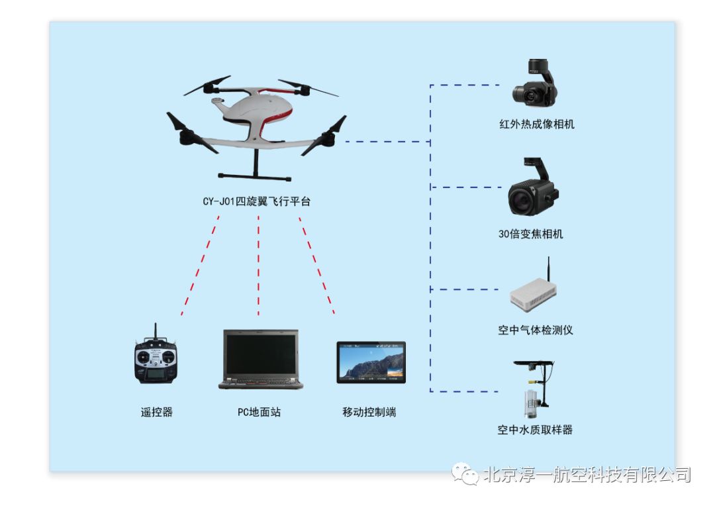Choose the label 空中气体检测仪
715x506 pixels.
tap(536, 330)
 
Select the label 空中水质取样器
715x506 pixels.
tap(535, 430)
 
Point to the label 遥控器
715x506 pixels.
tap(156, 412)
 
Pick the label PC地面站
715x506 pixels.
tap(260, 412)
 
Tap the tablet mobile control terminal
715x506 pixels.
tap(371, 362)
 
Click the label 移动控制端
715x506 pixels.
tap(369, 412)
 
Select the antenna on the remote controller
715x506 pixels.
tap(156, 331)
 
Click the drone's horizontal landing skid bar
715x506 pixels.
tap(255, 177)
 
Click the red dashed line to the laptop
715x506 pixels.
tap(258, 265)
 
